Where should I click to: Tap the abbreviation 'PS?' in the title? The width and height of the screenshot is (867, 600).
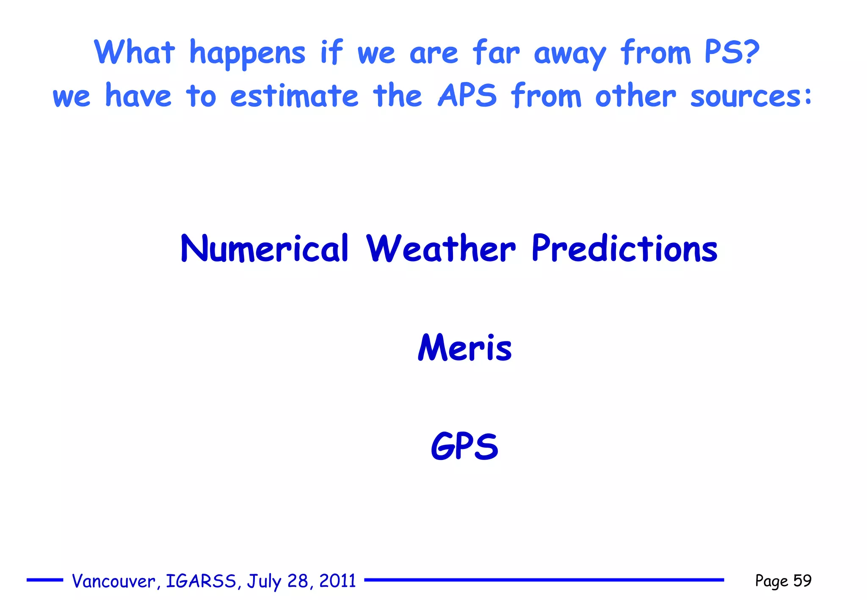point(732,52)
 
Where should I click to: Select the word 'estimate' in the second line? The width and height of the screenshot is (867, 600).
point(294,96)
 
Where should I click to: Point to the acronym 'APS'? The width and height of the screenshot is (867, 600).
point(467,96)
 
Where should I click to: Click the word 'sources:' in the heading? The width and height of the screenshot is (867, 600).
point(751,96)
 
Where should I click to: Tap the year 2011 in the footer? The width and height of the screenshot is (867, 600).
point(337,581)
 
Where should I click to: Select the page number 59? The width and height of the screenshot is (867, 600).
point(802,581)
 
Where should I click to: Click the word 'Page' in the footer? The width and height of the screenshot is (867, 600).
point(771,581)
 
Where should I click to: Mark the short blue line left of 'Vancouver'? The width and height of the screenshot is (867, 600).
point(45,580)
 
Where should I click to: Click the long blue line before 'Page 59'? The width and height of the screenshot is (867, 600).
point(544,580)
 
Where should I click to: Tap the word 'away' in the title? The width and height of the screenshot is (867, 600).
point(570,54)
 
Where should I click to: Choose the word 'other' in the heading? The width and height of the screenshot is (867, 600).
point(635,96)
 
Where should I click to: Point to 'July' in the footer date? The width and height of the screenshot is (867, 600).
point(264,581)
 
